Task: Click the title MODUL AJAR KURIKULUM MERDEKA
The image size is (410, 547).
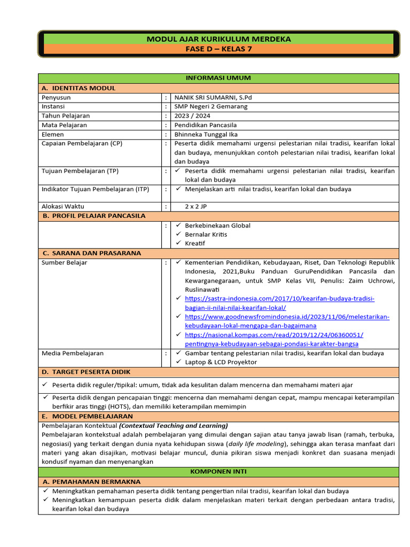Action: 218,39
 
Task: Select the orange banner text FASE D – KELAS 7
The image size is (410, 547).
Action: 218,49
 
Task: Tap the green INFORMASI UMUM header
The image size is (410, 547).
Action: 218,78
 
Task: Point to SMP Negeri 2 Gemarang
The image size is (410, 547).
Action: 211,106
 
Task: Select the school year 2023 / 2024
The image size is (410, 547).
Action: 192,115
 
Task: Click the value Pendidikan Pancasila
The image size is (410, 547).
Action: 206,125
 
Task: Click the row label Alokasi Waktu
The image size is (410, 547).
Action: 63,206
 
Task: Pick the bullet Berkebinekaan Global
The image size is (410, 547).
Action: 217,225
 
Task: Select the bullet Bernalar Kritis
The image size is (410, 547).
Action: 206,235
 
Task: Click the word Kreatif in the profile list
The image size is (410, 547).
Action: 195,244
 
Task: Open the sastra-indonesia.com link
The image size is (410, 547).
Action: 279,299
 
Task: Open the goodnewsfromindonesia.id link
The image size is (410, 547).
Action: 287,317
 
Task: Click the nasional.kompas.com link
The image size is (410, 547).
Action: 274,335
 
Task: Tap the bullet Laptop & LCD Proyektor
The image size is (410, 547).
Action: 220,362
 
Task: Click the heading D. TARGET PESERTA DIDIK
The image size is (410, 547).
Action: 86,372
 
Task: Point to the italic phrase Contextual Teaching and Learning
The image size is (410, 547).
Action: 174,426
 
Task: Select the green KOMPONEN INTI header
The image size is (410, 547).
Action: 218,472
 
